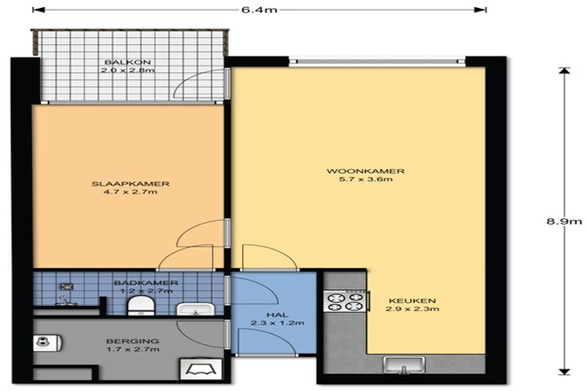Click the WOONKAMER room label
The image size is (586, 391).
(365, 171)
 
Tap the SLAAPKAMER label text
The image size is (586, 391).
(131, 184)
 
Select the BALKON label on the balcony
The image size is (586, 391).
(127, 63)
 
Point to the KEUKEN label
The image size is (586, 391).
(412, 301)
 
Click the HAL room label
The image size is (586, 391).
(277, 315)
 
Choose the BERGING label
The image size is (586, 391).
(133, 341)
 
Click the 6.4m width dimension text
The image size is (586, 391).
(260, 10)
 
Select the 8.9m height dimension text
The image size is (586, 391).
(565, 221)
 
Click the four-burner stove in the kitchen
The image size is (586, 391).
(345, 302)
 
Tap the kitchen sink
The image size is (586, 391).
(404, 365)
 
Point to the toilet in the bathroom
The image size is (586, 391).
(141, 306)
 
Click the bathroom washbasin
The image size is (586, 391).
(195, 310)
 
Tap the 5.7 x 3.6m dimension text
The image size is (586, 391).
(365, 179)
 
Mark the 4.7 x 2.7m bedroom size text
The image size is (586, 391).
(131, 192)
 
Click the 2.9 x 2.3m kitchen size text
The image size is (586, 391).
(412, 309)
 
